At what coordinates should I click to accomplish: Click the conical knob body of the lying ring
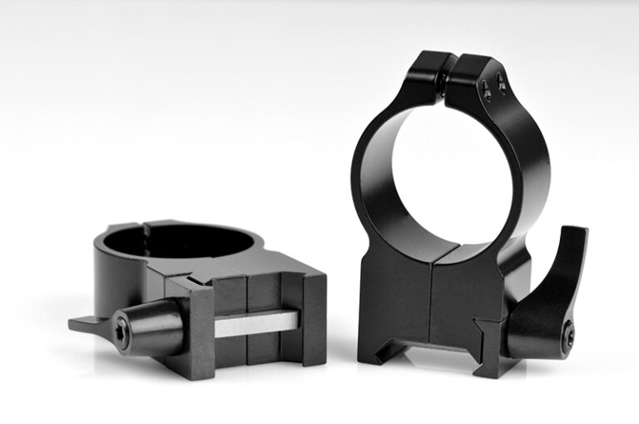point(154,321)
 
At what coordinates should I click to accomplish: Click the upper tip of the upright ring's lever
point(577,233)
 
